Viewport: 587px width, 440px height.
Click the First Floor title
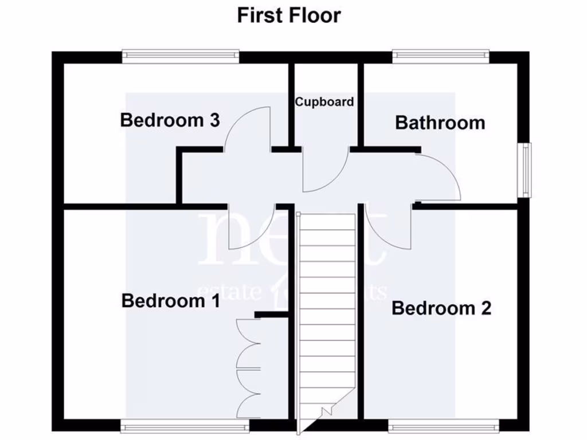click(289, 15)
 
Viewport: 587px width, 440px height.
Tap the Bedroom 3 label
click(170, 120)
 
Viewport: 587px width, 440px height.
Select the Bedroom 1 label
click(170, 301)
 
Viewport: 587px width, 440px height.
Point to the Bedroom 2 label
click(441, 308)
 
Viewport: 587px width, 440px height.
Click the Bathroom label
click(440, 123)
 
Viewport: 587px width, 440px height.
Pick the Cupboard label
click(324, 102)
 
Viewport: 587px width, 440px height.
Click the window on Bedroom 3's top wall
click(180, 56)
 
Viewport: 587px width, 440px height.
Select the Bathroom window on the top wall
click(440, 56)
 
